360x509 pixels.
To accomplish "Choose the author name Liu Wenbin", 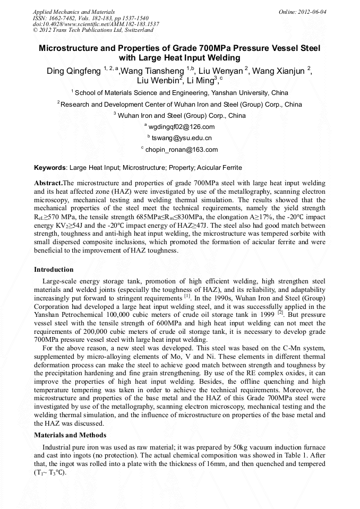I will coord(158,81).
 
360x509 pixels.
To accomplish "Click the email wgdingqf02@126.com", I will coord(181,127).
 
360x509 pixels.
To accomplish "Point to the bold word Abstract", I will coord(48,183).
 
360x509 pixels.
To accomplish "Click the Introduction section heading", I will coord(54,270).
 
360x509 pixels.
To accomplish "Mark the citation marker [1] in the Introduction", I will coord(187,296).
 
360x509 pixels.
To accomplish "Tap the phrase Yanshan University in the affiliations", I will coord(242,92).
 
